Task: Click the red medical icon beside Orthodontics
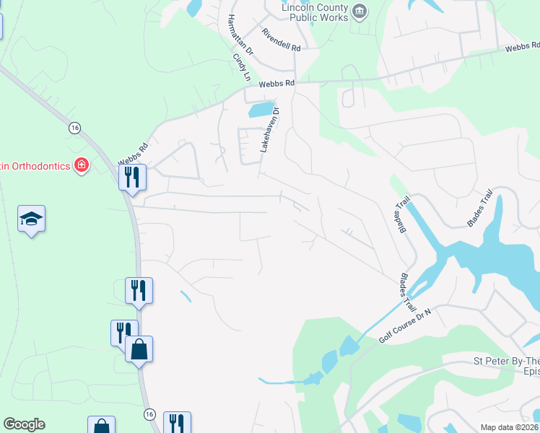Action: [81, 165]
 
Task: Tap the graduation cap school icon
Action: [32, 219]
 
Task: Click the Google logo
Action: [24, 424]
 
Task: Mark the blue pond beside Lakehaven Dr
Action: [261, 110]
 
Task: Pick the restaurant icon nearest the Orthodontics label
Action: [132, 176]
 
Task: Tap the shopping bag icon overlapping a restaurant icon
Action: [139, 349]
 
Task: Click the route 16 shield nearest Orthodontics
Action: [74, 127]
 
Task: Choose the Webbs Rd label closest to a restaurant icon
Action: [134, 153]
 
